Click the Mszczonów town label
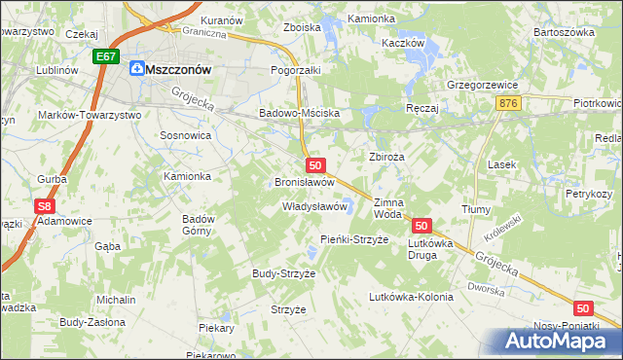[x=178, y=68]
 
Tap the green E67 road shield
[x=107, y=58]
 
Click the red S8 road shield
[x=43, y=206]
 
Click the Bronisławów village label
[x=305, y=182]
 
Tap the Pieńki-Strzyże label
[x=354, y=239]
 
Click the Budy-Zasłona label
[x=92, y=322]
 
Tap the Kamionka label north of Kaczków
[x=371, y=18]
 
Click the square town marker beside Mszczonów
[x=136, y=68]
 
